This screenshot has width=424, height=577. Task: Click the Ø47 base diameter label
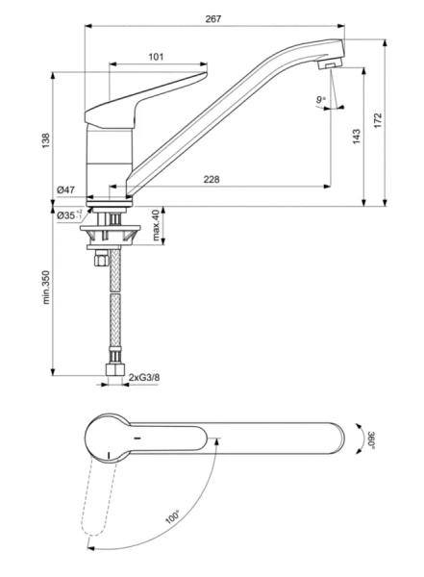click(66, 190)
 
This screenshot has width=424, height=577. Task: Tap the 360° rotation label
click(370, 441)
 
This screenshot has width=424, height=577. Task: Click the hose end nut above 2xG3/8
click(112, 367)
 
